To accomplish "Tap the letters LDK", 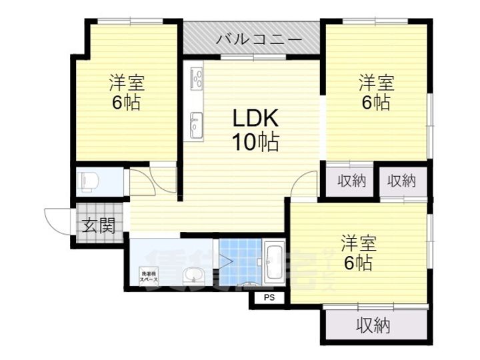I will pyautogui.click(x=255, y=119).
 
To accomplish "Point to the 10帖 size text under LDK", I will pyautogui.click(x=255, y=141).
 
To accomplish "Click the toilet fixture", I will pyautogui.click(x=89, y=181).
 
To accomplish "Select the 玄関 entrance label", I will pyautogui.click(x=99, y=225).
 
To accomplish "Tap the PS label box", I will pyautogui.click(x=269, y=297).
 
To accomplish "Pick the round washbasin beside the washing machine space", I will pyautogui.click(x=193, y=275).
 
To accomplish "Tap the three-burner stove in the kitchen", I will pyautogui.click(x=197, y=79).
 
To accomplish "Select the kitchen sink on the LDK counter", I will pyautogui.click(x=197, y=123).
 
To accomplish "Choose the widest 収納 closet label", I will pyautogui.click(x=373, y=326).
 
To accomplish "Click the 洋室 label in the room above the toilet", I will pyautogui.click(x=126, y=84).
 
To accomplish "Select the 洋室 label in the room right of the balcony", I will pyautogui.click(x=377, y=83).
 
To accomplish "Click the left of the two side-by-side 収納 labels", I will pyautogui.click(x=351, y=180).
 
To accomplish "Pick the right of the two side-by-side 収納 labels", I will pyautogui.click(x=402, y=180).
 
